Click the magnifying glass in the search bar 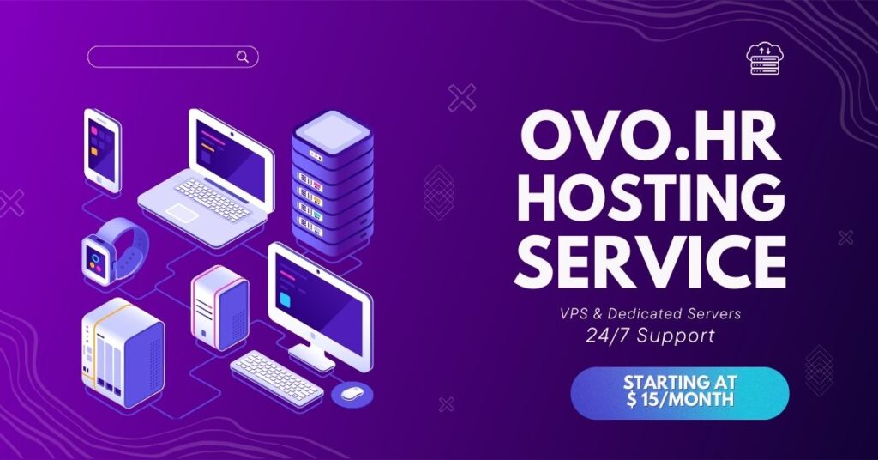(243, 57)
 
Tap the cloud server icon (765, 59)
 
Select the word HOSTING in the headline (650, 199)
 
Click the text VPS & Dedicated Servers (650, 313)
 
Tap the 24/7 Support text (650, 335)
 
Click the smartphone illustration (103, 150)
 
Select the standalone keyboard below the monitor (277, 378)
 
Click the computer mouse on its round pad (352, 393)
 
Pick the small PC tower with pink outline (219, 307)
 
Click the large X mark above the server (462, 98)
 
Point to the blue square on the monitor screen (286, 300)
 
